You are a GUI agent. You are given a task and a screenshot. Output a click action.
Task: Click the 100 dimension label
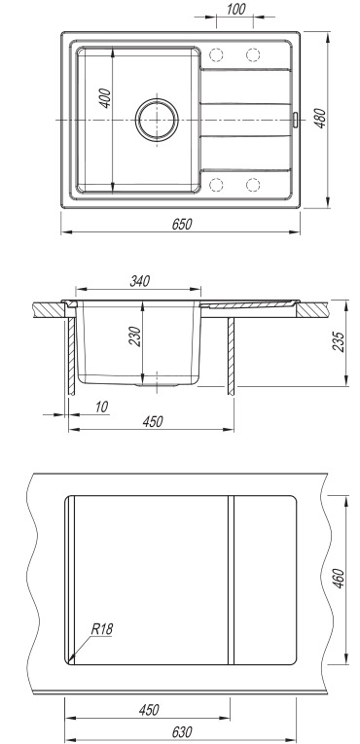point(236,9)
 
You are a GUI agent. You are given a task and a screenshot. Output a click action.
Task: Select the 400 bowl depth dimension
point(105,98)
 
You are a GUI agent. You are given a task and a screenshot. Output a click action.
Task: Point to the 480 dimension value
point(321,118)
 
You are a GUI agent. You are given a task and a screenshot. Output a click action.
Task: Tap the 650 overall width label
point(182,224)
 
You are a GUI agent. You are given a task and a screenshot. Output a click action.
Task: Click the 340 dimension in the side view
point(140,281)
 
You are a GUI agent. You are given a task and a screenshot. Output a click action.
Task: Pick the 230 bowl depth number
point(136,337)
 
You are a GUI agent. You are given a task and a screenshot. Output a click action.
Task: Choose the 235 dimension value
point(339,342)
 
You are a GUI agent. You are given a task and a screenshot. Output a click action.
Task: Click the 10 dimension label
point(101,407)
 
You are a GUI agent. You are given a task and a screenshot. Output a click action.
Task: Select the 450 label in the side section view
point(153,421)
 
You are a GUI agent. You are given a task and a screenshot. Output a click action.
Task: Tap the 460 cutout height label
point(339,578)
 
